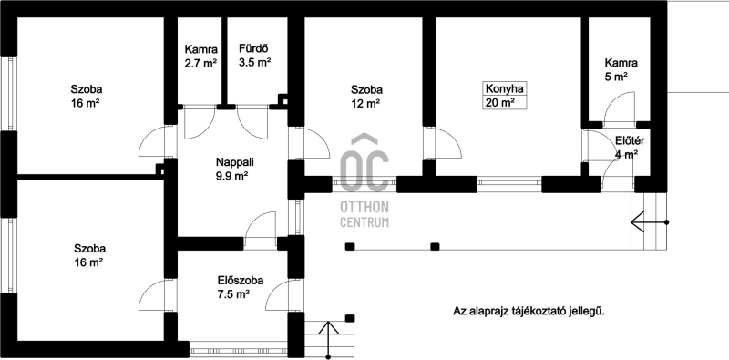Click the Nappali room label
pos(231,162)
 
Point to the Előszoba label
pos(241,281)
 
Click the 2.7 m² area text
pos(200,63)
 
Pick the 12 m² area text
pos(367,104)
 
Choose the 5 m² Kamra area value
pos(617,77)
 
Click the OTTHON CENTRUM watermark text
pos(364,214)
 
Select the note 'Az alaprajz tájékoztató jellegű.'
pos(529,311)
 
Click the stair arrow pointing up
pos(329,340)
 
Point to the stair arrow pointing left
pos(649,221)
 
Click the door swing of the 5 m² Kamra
pos(619,108)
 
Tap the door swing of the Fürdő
pos(252,122)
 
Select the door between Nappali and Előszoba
pos(260,228)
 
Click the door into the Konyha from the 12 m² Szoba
pos(443,143)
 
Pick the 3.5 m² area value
pos(255,62)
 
